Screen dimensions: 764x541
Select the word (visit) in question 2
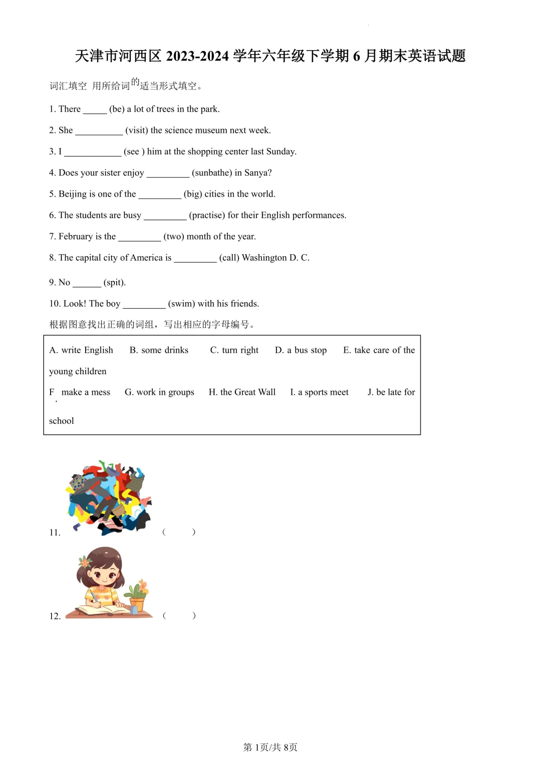coord(137,131)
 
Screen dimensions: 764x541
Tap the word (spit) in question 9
coord(115,283)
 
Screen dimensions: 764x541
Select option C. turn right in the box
coord(234,350)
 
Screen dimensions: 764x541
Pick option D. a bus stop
coord(301,350)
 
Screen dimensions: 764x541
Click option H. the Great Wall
coord(242,392)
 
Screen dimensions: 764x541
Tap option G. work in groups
coord(159,392)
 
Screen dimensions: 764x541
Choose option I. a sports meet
coord(319,392)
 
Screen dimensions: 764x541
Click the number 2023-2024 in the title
coord(197,56)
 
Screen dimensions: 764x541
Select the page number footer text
coord(270,747)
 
